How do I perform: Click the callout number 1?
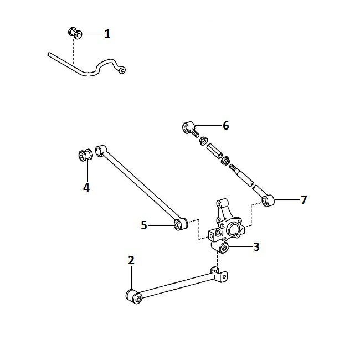pyautogui.click(x=107, y=34)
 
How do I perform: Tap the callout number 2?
pyautogui.click(x=131, y=260)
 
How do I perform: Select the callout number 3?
pyautogui.click(x=256, y=247)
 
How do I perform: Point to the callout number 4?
pyautogui.click(x=86, y=188)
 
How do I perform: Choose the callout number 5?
pyautogui.click(x=144, y=225)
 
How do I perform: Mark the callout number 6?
pyautogui.click(x=226, y=126)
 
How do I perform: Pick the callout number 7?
pyautogui.click(x=304, y=200)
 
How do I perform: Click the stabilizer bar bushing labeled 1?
pyautogui.click(x=75, y=33)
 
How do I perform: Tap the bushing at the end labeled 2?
pyautogui.click(x=134, y=297)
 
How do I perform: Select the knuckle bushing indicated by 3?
pyautogui.click(x=223, y=247)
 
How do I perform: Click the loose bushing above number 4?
pyautogui.click(x=85, y=155)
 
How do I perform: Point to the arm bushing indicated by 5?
pyautogui.click(x=181, y=224)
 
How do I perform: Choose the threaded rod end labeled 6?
pyautogui.click(x=191, y=129)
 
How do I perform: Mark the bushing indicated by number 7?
pyautogui.click(x=268, y=200)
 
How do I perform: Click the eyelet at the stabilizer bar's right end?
pyautogui.click(x=122, y=70)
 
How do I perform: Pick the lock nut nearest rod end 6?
pyautogui.click(x=203, y=141)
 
